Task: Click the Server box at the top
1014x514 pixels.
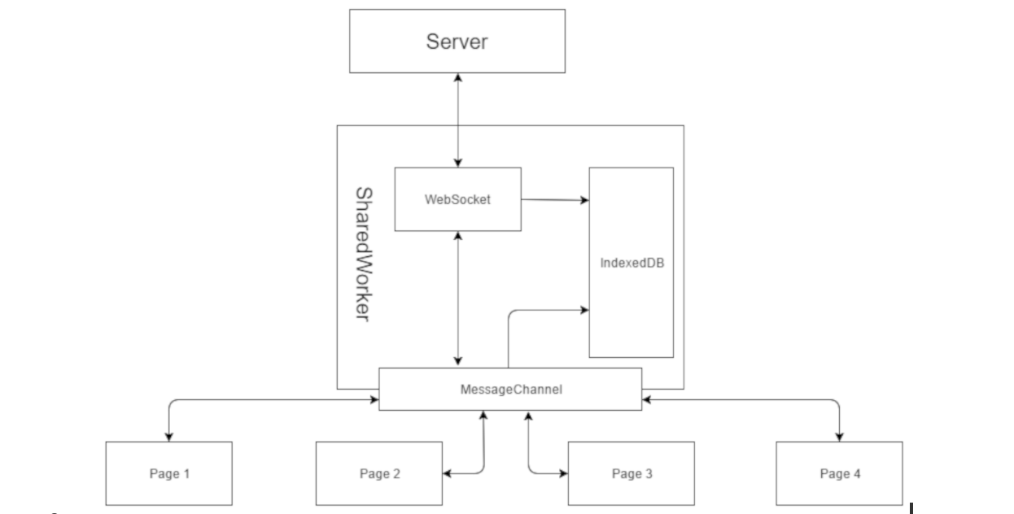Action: (457, 41)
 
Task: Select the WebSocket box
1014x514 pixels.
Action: (457, 199)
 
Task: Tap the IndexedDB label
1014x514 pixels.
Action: (631, 263)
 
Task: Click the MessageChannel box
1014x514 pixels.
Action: (510, 390)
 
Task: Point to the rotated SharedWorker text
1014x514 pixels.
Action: (363, 255)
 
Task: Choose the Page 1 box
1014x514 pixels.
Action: (168, 473)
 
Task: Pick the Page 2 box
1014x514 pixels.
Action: (378, 473)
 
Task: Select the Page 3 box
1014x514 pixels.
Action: (631, 473)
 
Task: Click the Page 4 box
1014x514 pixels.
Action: (839, 473)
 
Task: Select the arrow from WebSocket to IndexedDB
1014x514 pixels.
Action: (554, 199)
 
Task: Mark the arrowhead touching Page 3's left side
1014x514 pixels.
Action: (562, 473)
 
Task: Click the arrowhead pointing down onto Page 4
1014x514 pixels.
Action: (839, 437)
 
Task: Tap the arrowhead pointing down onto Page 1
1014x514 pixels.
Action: (168, 437)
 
